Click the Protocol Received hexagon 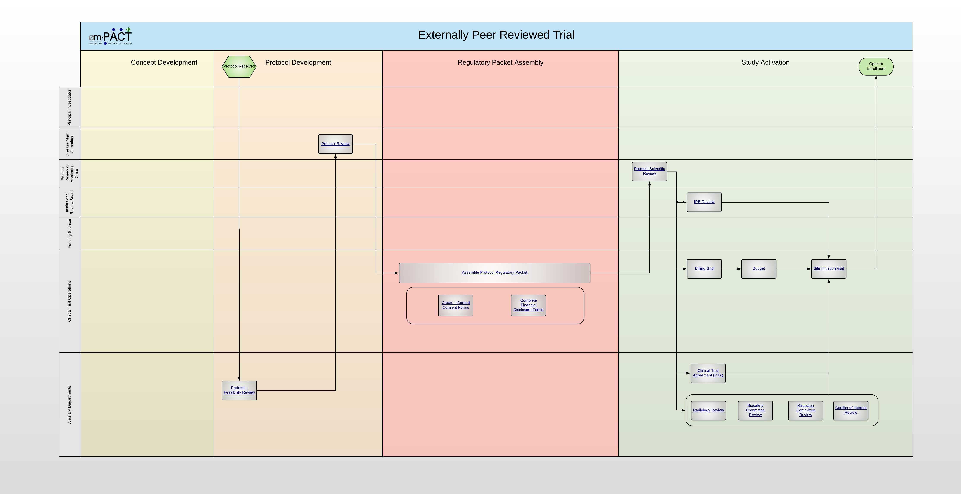coord(239,66)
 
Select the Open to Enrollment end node coord(876,66)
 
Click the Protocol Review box coord(335,144)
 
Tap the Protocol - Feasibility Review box coord(239,390)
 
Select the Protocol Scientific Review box coord(650,172)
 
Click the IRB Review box coord(704,202)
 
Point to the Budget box coord(759,269)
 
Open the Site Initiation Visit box coord(829,269)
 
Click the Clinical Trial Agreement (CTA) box coord(708,373)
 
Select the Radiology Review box coord(708,410)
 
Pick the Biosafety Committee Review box coord(755,410)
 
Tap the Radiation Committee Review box coord(805,410)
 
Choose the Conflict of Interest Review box coord(851,410)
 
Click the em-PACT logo coord(110,36)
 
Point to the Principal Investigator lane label coord(69,107)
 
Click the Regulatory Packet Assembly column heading coord(500,62)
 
